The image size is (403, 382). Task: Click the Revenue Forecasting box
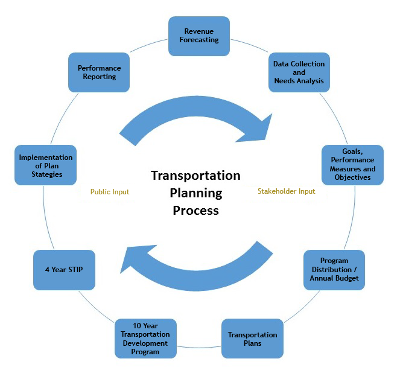pos(198,36)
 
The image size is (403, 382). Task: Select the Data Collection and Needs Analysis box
pos(299,72)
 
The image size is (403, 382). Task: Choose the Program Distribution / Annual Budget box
pos(334,270)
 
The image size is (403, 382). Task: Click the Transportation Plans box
pos(253,339)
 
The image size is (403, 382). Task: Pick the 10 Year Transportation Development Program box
pos(145,339)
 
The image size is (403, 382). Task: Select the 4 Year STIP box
pos(63,270)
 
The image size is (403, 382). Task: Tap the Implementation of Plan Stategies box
pos(45,165)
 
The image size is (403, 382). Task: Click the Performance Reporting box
pos(100,72)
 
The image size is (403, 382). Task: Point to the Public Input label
pos(110,192)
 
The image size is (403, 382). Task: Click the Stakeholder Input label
pos(287,192)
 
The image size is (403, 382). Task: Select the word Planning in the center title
pos(195,193)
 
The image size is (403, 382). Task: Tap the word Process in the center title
pos(195,211)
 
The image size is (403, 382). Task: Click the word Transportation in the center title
pos(195,176)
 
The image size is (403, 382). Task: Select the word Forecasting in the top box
pos(198,40)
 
